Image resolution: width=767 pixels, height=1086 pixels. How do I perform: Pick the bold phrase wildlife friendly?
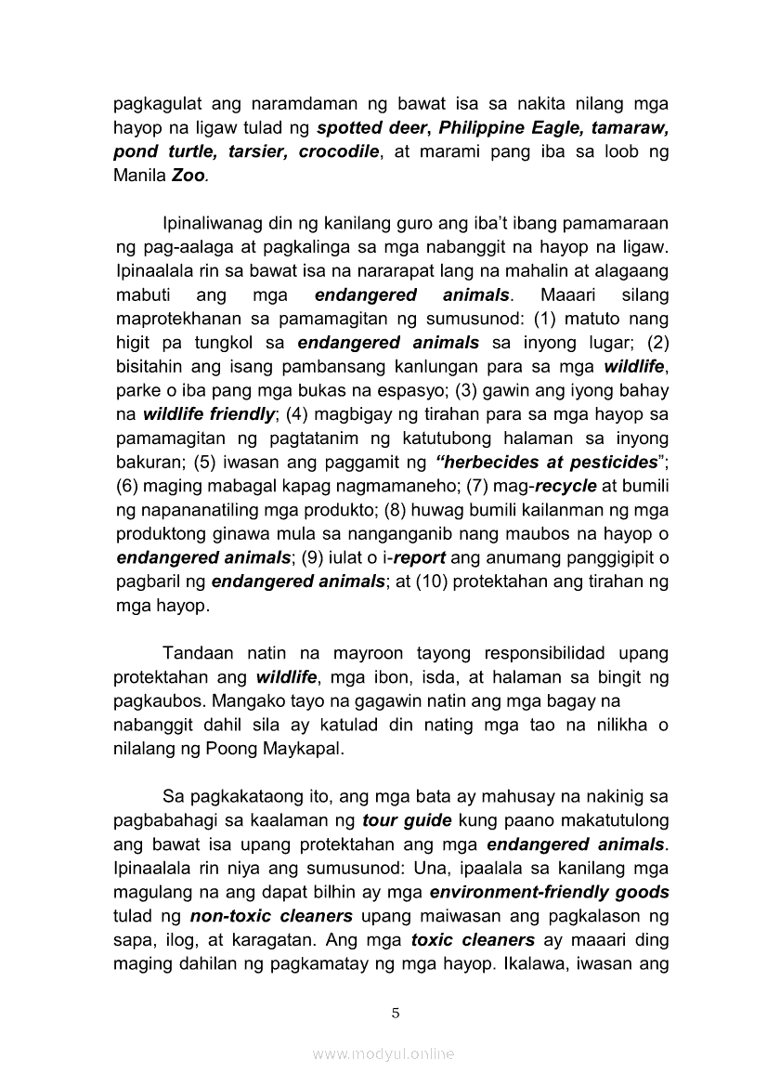click(x=204, y=413)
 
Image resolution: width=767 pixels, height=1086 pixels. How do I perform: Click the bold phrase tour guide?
click(x=407, y=820)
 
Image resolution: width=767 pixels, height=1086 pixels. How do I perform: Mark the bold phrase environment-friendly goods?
click(x=549, y=893)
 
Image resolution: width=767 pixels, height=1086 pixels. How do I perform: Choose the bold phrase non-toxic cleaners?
click(x=256, y=917)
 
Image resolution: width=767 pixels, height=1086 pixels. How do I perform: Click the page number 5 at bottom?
click(x=396, y=1013)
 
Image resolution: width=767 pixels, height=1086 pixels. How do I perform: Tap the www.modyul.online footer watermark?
click(x=383, y=1054)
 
